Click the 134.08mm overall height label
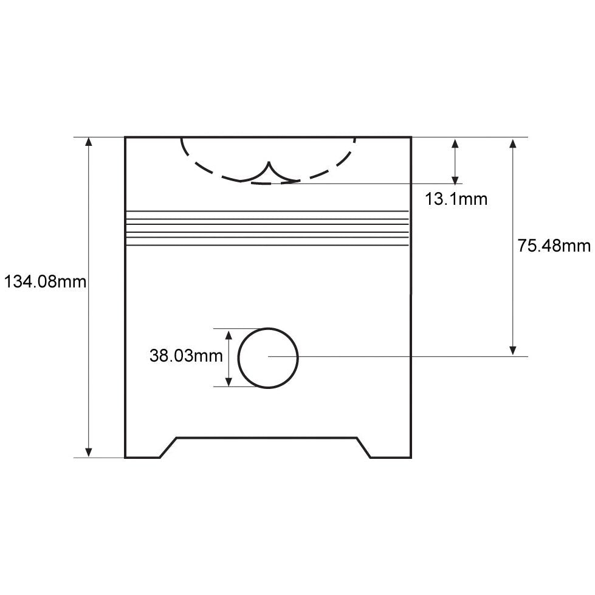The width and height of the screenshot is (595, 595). [45, 282]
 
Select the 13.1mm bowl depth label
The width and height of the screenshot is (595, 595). [456, 199]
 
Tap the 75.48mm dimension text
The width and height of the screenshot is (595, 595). [554, 246]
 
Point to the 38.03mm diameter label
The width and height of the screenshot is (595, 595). [186, 356]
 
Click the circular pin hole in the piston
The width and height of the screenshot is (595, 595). [268, 358]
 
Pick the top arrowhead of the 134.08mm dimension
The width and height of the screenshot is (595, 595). [89, 142]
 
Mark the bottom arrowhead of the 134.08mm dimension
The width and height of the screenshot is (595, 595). [89, 452]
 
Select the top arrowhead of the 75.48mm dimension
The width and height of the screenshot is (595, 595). [513, 143]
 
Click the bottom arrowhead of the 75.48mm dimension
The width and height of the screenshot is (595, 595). [513, 350]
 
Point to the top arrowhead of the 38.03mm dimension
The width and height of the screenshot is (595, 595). [229, 334]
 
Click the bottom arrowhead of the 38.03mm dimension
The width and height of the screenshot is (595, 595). [229, 382]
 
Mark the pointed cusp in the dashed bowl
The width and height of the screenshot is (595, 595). [269, 164]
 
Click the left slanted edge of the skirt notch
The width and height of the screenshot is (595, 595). [168, 447]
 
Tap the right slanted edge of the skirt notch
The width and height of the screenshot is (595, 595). [363, 447]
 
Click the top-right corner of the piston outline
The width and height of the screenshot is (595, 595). [411, 137]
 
